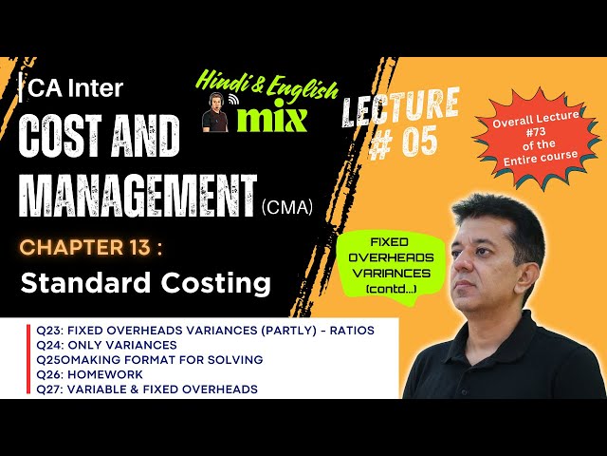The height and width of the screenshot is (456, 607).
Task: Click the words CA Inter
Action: [75, 88]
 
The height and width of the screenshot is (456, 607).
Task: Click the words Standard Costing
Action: [146, 283]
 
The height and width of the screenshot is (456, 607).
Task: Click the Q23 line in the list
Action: [205, 330]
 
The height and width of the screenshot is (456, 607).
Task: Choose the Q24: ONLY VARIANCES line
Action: [106, 345]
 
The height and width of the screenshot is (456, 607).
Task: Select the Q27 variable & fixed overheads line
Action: [147, 389]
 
